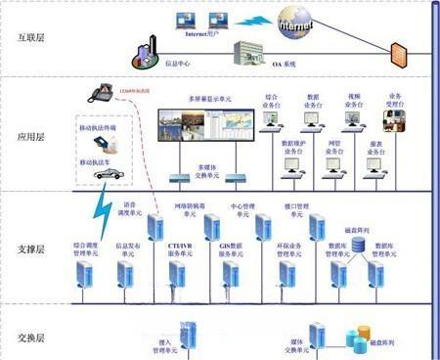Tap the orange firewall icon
(x=399, y=54)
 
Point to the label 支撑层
(x=31, y=249)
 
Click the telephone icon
(x=102, y=92)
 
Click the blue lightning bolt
(x=100, y=209)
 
